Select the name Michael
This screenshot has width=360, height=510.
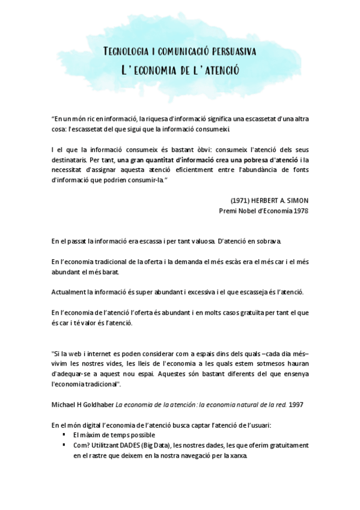(x=64, y=405)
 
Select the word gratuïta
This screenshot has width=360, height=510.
(x=243, y=313)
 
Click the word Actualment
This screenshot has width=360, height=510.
(x=69, y=292)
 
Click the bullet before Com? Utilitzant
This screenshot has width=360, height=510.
(x=64, y=445)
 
